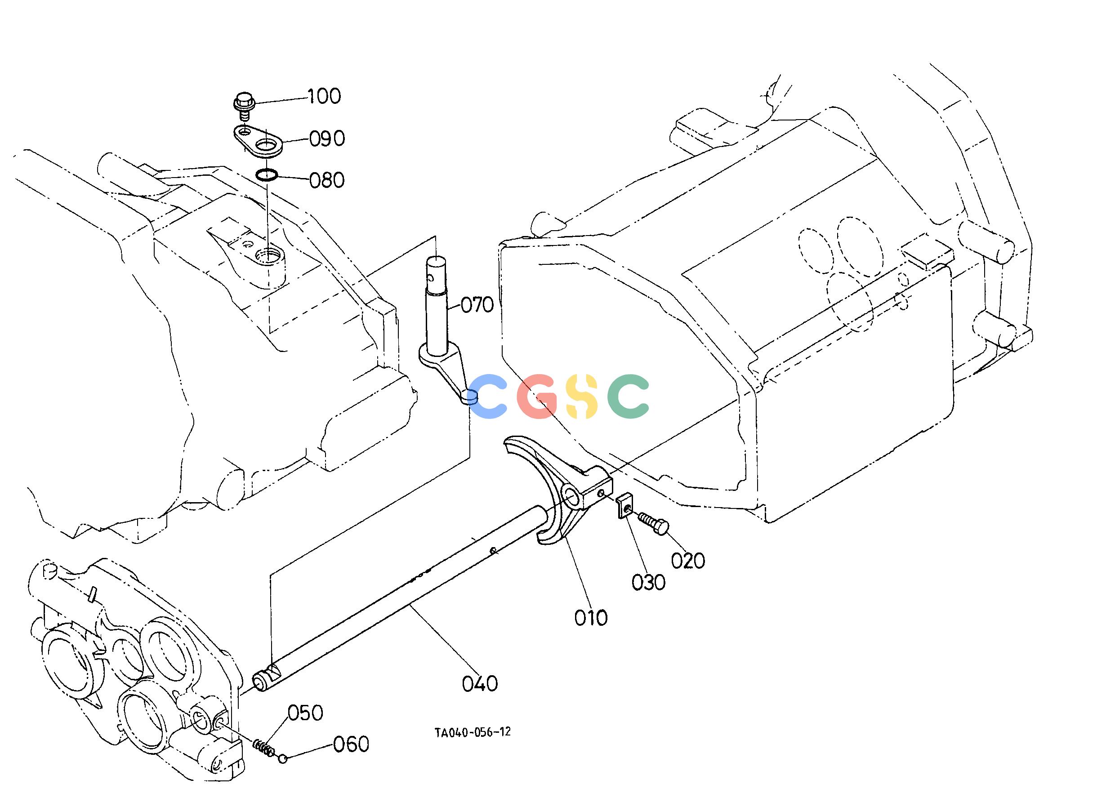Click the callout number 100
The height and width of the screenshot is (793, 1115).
point(324,96)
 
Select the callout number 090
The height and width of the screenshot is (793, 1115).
point(327,138)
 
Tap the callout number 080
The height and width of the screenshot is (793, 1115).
point(327,180)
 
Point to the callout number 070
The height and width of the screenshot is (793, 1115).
point(477,305)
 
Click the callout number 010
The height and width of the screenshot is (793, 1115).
point(591,618)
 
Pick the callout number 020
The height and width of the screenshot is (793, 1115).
point(687,561)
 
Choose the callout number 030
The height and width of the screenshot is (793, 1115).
point(648,582)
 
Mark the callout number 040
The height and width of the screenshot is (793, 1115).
point(480,684)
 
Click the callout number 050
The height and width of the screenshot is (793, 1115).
point(305,713)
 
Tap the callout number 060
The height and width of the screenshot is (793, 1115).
point(351,744)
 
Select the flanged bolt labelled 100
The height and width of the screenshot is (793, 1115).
point(243,106)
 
